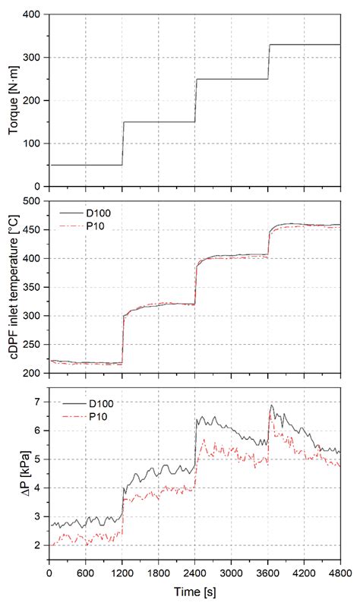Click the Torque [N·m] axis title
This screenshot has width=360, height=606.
point(13,100)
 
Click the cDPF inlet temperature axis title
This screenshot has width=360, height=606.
point(13,287)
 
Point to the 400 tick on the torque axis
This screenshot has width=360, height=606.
point(32,14)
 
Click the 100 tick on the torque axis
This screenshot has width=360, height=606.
point(32,144)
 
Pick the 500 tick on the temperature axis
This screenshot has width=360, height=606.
point(32,201)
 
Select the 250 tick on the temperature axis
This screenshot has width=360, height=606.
point(32,344)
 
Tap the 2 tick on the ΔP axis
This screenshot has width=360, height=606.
point(37,545)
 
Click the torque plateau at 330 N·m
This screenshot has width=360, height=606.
point(304,45)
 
